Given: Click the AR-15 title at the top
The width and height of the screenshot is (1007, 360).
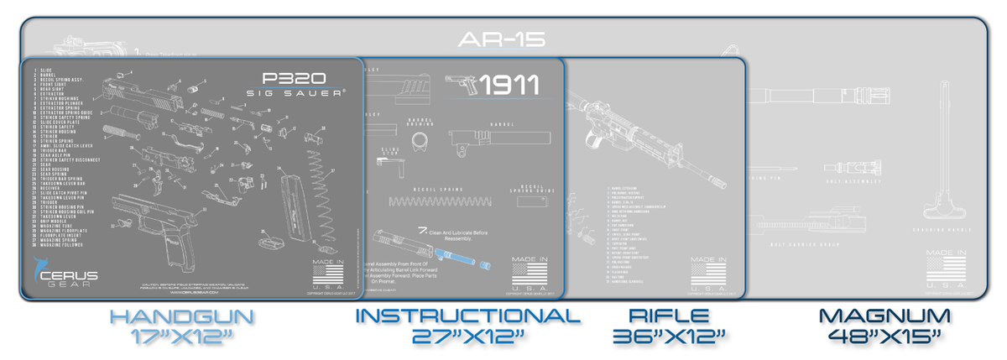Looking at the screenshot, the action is pyautogui.click(x=503, y=39).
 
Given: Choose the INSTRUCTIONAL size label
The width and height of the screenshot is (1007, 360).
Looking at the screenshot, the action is pyautogui.click(x=467, y=317).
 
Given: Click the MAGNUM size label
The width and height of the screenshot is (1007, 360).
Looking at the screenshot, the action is pyautogui.click(x=884, y=317).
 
